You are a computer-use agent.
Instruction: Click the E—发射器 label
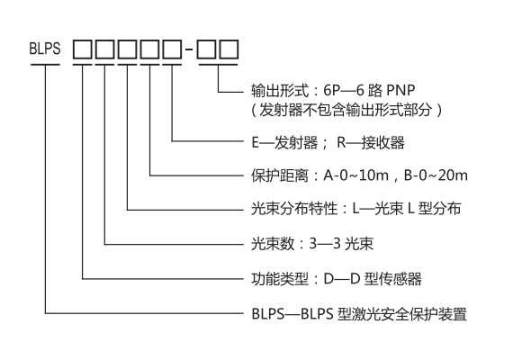click(286, 143)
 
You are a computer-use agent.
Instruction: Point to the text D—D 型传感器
click(378, 279)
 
